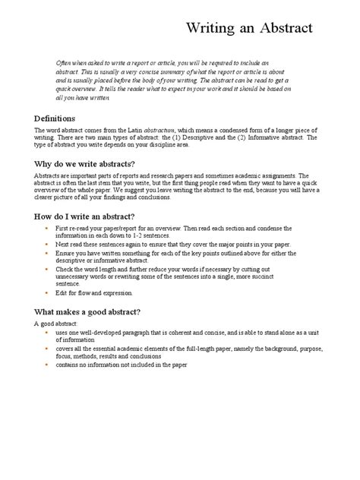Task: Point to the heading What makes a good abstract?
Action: click(87, 311)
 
